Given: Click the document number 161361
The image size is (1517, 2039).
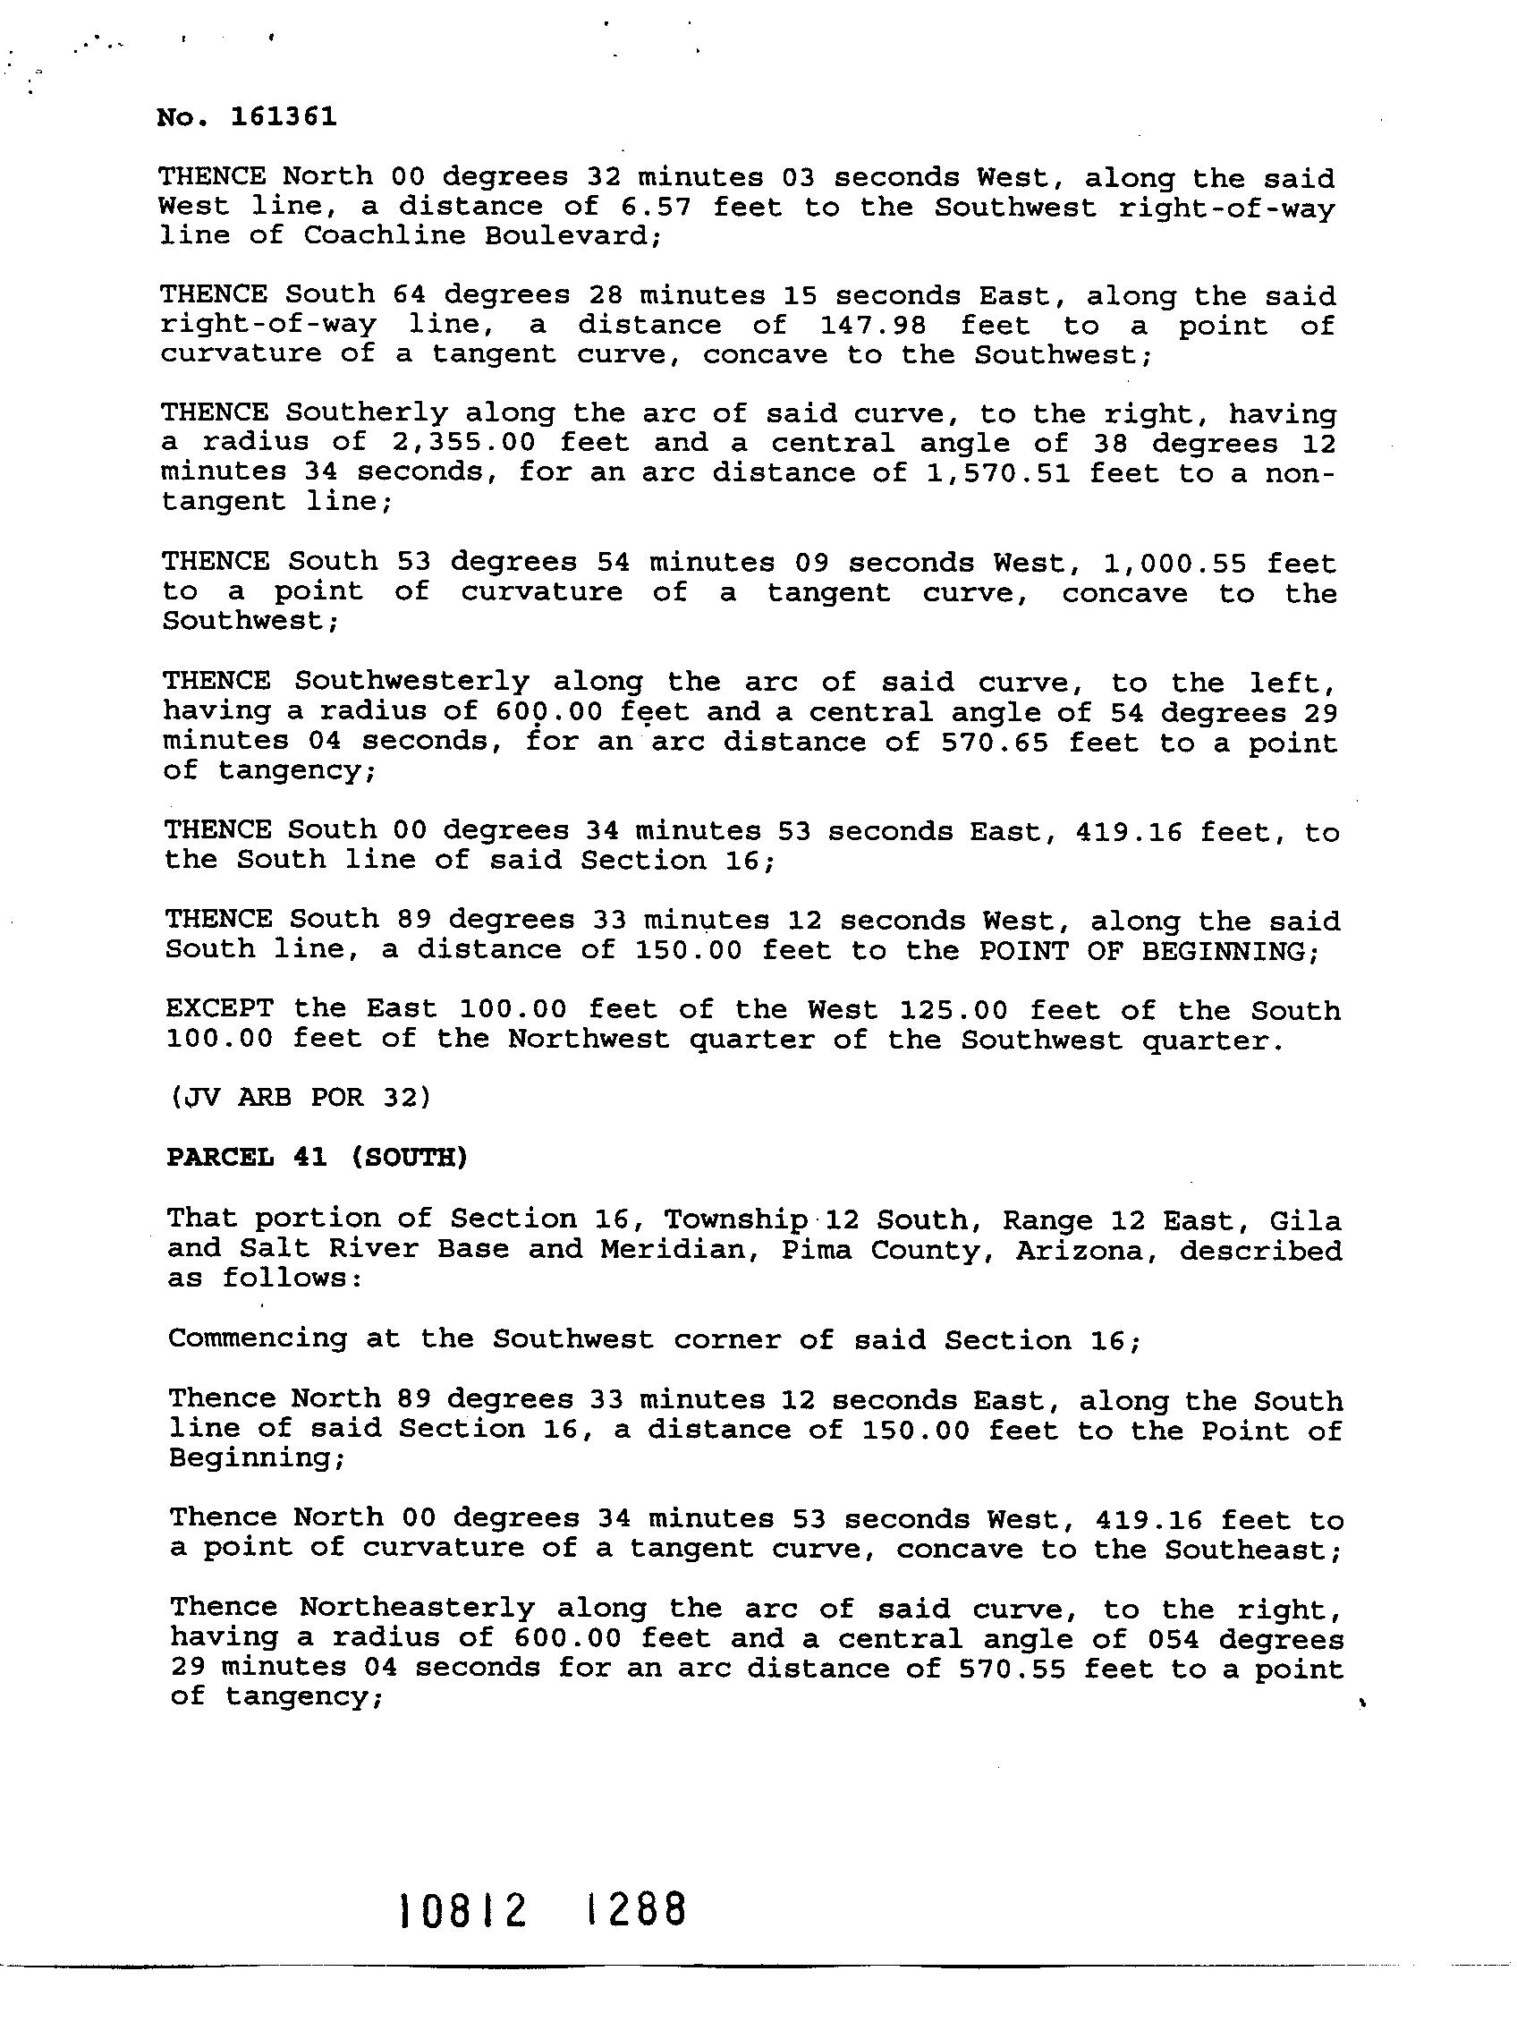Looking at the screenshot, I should pos(284,117).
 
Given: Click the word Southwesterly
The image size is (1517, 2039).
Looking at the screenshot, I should pos(412,683).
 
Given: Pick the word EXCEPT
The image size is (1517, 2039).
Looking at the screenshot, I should pos(219,1008).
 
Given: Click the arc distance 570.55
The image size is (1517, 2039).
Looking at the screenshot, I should pos(1011,1667).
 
